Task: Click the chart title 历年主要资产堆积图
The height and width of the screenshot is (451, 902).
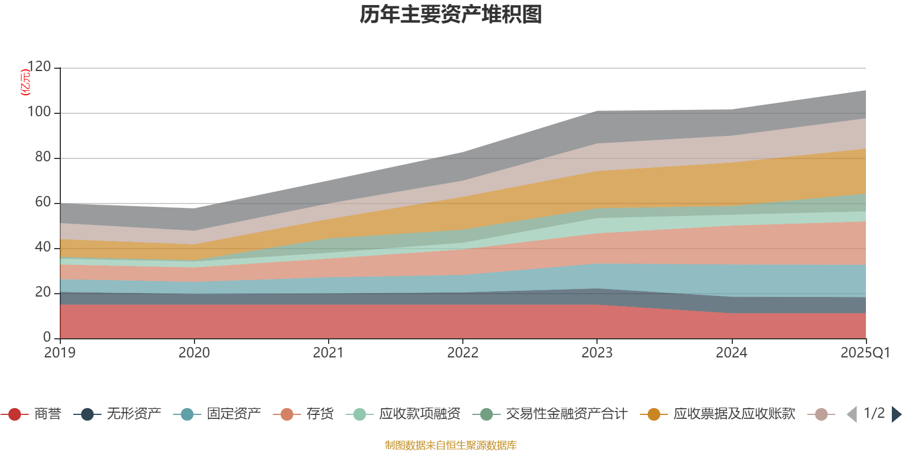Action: pyautogui.click(x=451, y=15)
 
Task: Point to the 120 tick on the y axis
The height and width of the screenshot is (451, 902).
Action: pyautogui.click(x=39, y=67)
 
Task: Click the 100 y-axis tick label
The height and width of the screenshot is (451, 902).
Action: pyautogui.click(x=39, y=112)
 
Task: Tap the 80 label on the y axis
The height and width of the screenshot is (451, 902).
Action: pyautogui.click(x=43, y=157)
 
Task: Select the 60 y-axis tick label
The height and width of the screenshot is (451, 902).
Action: pyautogui.click(x=43, y=202)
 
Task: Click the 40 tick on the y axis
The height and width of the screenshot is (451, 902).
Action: pyautogui.click(x=43, y=247)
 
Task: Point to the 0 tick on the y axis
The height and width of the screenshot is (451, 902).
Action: pyautogui.click(x=47, y=337)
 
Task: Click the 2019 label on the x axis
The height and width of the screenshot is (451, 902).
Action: pyautogui.click(x=60, y=353)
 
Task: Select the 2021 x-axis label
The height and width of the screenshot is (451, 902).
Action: pyautogui.click(x=328, y=353)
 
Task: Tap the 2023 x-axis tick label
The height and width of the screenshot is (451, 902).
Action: pyautogui.click(x=597, y=353)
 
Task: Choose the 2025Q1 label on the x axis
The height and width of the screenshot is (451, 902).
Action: pyautogui.click(x=865, y=353)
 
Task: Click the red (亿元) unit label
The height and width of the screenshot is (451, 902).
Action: pyautogui.click(x=25, y=82)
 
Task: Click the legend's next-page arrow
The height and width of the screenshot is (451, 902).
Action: pyautogui.click(x=896, y=414)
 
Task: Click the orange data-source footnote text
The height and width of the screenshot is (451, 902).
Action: pyautogui.click(x=451, y=445)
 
